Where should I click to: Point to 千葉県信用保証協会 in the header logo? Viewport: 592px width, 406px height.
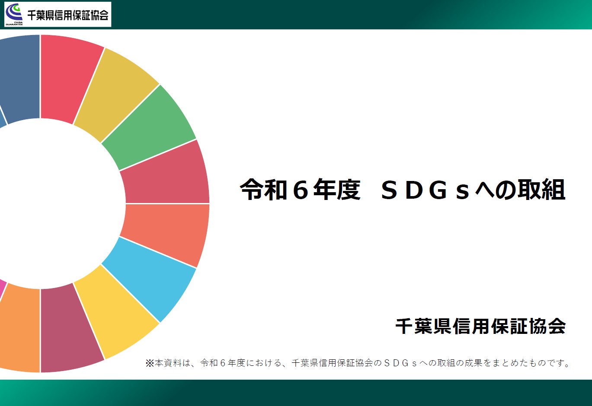68,15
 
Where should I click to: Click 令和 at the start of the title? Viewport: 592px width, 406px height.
264,190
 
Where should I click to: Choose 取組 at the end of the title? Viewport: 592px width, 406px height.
541,190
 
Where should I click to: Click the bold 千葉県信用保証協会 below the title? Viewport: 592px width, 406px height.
480,326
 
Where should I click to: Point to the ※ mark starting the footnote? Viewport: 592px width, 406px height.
150,363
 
